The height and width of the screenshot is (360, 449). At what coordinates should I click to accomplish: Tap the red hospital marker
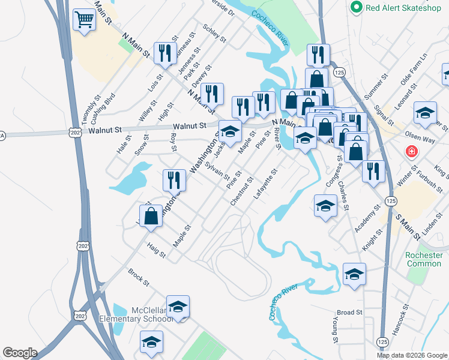coord(412,151)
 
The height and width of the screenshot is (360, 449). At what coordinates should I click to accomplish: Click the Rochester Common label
coord(424,259)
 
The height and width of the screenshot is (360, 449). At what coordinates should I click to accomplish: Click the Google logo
coord(20,353)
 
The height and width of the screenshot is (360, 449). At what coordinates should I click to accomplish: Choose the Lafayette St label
coord(266,185)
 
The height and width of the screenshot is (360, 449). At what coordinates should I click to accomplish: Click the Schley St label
coord(214,34)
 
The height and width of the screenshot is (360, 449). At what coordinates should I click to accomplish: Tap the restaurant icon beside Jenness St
coord(163,53)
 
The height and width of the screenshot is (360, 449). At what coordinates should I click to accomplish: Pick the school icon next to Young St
coord(354,274)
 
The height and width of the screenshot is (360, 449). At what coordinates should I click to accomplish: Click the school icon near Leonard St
coord(425,113)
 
